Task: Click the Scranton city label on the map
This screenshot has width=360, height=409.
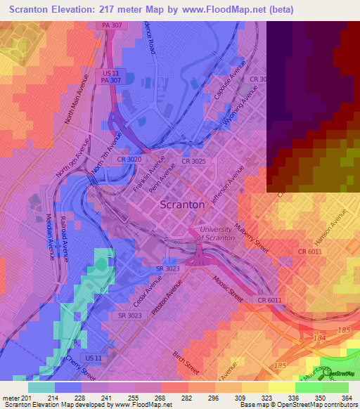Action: (x=183, y=204)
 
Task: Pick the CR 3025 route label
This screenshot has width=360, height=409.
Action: (x=193, y=161)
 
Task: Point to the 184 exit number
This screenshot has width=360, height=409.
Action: (x=320, y=339)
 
